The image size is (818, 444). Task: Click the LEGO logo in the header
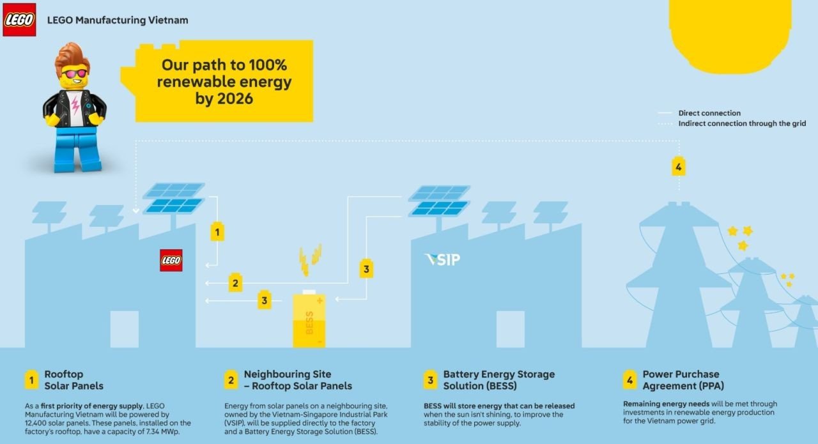[x=19, y=20]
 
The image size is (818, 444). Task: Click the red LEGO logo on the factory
[x=171, y=261]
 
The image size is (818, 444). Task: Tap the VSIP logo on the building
[x=442, y=259]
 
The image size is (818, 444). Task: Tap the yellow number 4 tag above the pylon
[x=679, y=167]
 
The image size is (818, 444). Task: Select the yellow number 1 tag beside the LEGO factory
[x=217, y=233]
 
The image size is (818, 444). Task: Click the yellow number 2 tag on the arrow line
[x=235, y=282]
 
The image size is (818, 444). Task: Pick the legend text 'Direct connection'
[x=709, y=113]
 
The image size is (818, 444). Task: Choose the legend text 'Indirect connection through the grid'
[x=742, y=123]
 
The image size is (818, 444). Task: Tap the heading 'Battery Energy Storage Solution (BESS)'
[x=498, y=380]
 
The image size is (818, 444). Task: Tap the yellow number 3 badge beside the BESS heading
[x=431, y=380]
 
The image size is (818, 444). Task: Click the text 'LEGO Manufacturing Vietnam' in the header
[x=118, y=20]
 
